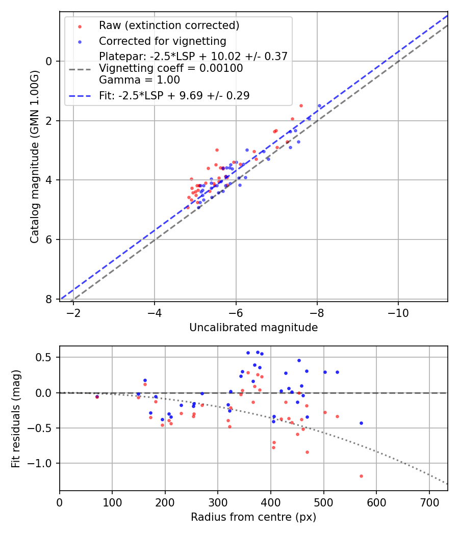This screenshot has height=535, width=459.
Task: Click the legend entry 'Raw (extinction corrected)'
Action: [169, 25]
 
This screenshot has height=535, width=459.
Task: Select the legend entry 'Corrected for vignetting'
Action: [163, 41]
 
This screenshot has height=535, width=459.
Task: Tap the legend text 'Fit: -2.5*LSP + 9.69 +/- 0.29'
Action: [174, 96]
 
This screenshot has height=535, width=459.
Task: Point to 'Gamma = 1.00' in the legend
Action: [139, 80]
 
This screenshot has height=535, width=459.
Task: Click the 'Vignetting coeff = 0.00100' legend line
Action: [171, 68]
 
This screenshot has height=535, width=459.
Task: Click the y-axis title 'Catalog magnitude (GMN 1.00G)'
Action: [34, 155]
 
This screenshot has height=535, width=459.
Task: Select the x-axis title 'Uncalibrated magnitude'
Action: [253, 328]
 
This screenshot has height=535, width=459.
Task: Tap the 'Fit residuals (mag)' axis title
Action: [16, 418]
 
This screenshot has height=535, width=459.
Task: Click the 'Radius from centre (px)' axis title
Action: [253, 517]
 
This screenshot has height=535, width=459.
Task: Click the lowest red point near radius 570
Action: [361, 476]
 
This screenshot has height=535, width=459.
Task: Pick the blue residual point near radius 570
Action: [361, 423]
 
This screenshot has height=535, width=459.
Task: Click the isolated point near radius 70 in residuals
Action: [97, 396]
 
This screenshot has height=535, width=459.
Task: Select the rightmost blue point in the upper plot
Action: [319, 106]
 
